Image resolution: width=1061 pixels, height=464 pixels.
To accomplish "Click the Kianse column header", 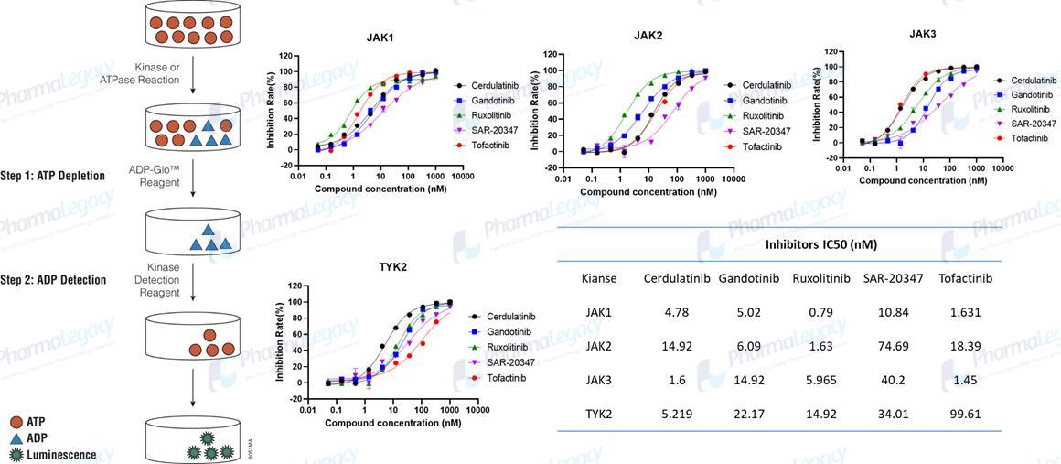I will tap(599, 278).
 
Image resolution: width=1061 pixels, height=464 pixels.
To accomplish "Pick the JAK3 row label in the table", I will tap(600, 379).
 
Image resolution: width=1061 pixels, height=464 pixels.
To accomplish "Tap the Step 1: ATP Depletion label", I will tap(53, 176).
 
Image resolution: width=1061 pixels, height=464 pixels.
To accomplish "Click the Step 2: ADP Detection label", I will tap(53, 280).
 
